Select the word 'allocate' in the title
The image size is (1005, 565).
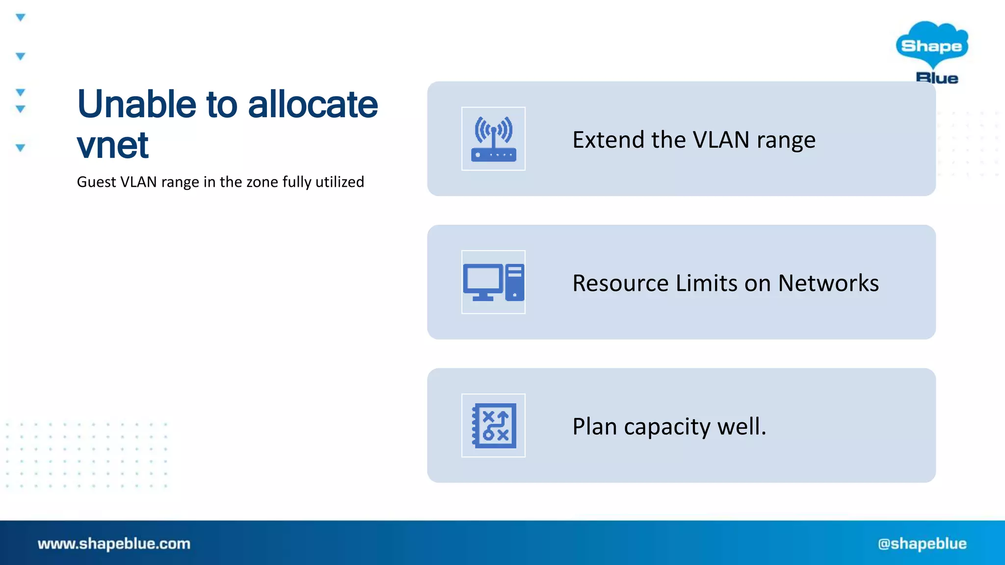[x=313, y=104]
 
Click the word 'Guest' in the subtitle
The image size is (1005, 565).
[x=96, y=182]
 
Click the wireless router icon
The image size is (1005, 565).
[x=493, y=139]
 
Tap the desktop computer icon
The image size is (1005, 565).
[x=493, y=282]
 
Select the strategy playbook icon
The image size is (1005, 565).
[x=493, y=425]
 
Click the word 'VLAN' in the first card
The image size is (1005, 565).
[x=721, y=140]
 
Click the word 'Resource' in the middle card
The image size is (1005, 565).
[x=620, y=283]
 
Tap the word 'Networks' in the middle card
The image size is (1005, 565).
[x=828, y=283]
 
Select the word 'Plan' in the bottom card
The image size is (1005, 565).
[x=594, y=426]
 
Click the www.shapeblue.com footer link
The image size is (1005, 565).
[x=114, y=543]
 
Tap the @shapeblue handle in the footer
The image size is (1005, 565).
[x=922, y=543]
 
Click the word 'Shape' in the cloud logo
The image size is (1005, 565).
[x=931, y=46]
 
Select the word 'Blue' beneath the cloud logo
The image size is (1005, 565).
[x=937, y=78]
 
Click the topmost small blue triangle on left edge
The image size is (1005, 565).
[x=20, y=18]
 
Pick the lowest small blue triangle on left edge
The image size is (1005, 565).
[x=20, y=148]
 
